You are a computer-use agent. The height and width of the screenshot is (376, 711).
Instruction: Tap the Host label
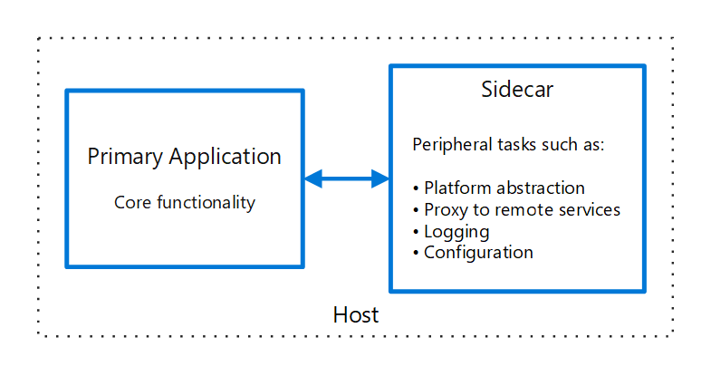(356, 315)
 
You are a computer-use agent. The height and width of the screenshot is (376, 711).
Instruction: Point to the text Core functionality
(185, 202)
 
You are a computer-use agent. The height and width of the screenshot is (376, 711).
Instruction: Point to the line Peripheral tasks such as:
(508, 145)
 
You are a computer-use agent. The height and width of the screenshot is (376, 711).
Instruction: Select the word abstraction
(537, 188)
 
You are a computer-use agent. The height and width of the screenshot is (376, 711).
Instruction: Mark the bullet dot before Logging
(417, 232)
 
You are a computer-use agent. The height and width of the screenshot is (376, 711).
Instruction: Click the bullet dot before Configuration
(417, 253)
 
